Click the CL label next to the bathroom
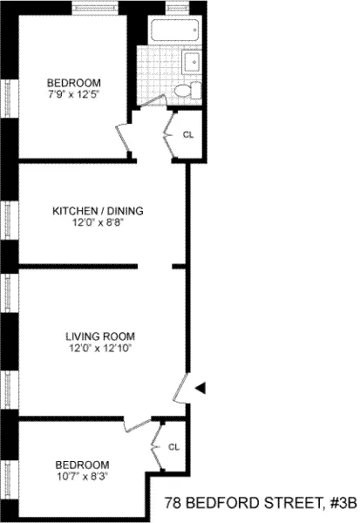click(188, 134)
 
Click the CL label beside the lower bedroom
click(173, 447)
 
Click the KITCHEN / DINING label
click(98, 211)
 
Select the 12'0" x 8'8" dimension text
click(98, 222)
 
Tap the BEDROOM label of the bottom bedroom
click(82, 464)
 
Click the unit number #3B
click(340, 503)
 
